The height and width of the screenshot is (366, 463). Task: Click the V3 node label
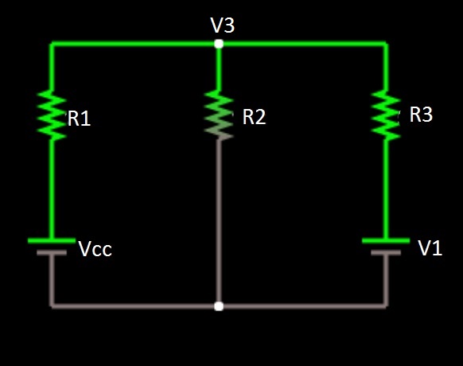222,25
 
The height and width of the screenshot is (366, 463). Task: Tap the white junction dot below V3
219,44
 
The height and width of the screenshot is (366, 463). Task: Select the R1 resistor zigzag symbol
53,115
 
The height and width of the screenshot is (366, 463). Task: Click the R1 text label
79,119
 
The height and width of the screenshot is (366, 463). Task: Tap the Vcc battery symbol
52,246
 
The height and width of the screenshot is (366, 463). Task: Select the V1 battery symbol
386,246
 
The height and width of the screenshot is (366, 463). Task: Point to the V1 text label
430,249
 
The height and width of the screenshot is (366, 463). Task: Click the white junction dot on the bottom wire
219,306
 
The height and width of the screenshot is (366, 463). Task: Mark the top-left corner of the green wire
52,45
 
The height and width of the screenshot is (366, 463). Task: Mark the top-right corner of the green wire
386,45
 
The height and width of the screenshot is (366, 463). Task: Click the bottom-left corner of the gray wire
52,305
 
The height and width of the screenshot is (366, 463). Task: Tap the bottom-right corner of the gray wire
386,305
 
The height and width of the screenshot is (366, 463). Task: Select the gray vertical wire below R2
219,223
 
